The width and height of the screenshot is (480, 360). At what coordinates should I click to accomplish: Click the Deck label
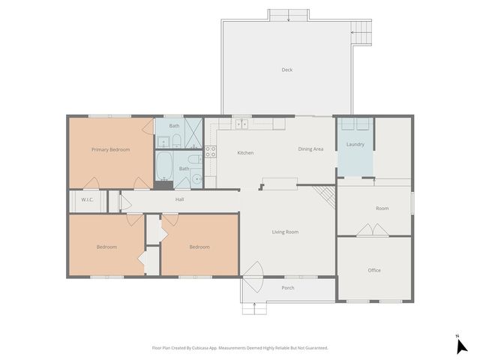286,70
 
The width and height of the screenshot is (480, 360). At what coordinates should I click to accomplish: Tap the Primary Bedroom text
110,150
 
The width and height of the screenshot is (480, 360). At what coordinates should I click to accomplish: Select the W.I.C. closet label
86,199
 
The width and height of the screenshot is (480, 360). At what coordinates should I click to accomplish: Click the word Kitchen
245,153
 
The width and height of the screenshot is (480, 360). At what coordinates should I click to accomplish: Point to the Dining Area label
310,149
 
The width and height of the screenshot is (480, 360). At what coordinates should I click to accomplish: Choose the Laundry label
355,144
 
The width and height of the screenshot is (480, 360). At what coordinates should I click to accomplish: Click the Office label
373,270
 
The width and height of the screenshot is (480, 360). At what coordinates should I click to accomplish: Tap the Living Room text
285,232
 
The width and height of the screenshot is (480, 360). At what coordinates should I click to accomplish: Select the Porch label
287,288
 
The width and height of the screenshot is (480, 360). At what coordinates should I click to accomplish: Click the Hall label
179,199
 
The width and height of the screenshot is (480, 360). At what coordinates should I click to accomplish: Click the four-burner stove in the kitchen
211,153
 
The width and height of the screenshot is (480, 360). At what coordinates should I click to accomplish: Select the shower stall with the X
193,133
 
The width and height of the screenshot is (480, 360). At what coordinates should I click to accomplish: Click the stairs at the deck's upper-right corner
361,31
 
